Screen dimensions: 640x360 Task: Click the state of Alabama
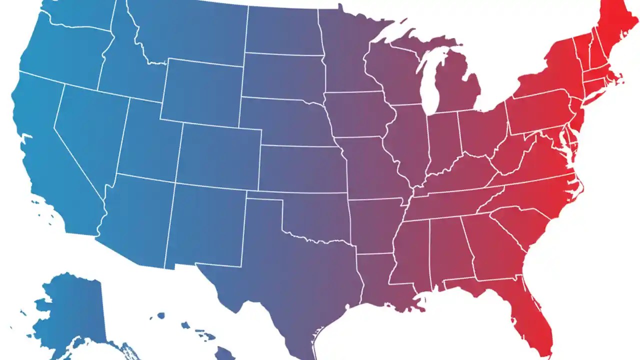(x=445, y=250)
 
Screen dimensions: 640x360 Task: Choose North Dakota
(x=282, y=30)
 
